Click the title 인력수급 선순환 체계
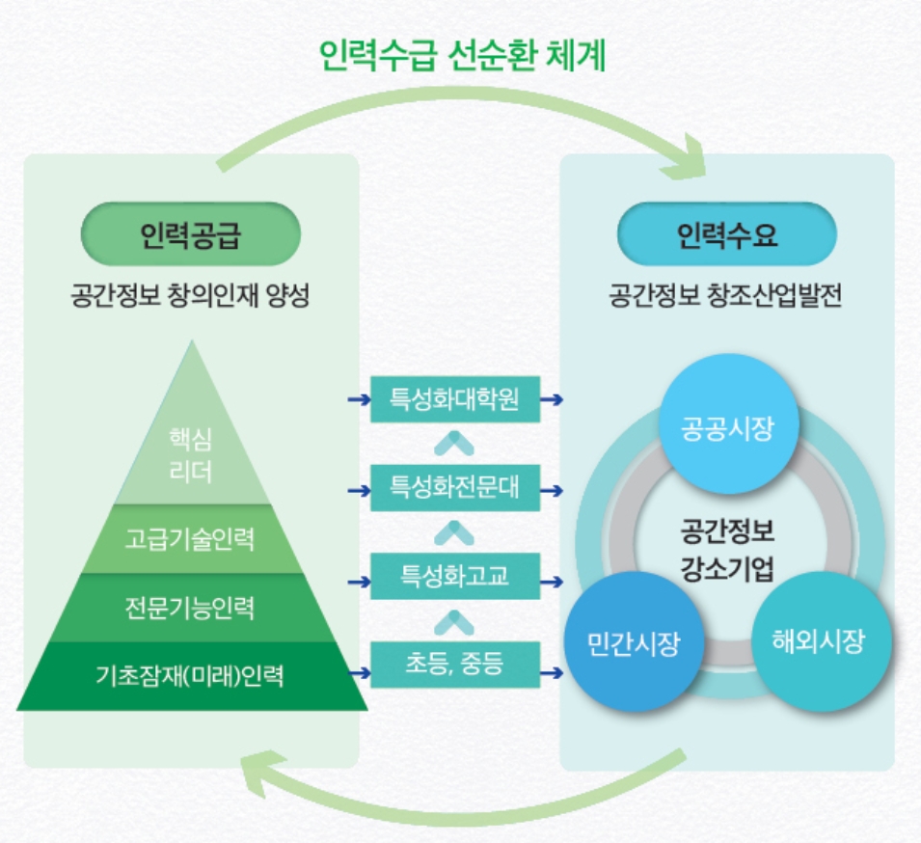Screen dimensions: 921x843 (x=462, y=55)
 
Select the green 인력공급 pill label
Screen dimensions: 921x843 (x=191, y=233)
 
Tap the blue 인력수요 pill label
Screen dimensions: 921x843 (x=727, y=233)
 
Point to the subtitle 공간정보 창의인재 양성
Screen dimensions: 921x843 (x=190, y=295)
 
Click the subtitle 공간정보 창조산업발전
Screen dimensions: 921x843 (x=725, y=295)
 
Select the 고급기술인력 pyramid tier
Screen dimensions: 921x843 (x=191, y=539)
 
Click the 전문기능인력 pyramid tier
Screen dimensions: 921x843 (x=190, y=608)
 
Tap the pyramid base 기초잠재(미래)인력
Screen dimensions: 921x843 (x=192, y=675)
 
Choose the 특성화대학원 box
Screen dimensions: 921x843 (x=455, y=399)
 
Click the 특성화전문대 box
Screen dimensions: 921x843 (x=455, y=488)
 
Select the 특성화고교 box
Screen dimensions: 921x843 (x=455, y=576)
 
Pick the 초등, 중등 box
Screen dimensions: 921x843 (x=455, y=665)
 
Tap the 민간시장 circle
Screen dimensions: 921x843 (x=635, y=641)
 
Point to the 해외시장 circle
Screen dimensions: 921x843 (x=821, y=641)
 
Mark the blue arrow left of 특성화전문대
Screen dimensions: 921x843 (x=360, y=491)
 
